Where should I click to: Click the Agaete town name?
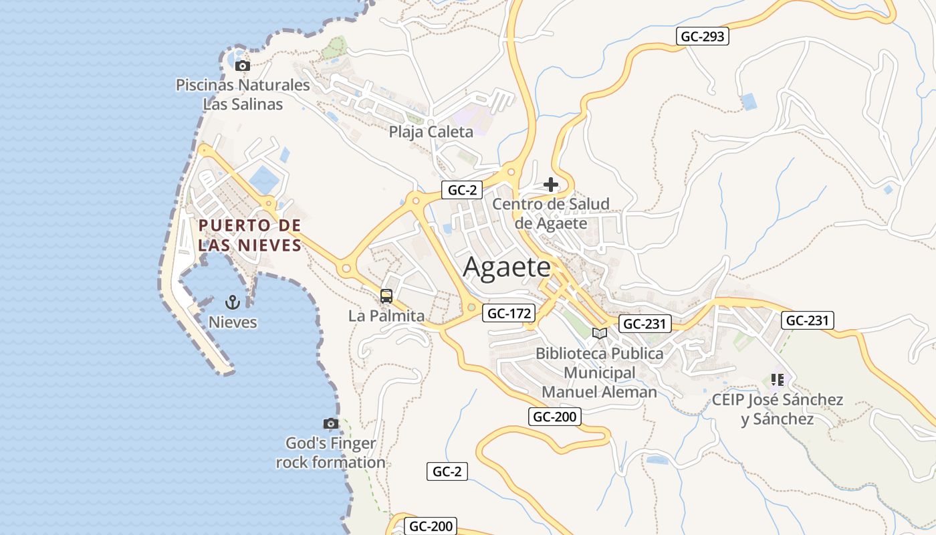507,267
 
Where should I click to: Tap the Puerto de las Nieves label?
250,235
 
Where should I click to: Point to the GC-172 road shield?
509,312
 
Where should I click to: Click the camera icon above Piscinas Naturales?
243,66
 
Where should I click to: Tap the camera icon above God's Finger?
330,423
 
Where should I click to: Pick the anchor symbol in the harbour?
232,302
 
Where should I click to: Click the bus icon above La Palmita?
386,296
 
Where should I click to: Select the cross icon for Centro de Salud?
551,185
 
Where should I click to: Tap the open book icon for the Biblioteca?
600,333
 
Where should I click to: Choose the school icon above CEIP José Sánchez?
777,380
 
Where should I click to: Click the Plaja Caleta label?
431,132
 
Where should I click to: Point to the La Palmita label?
386,316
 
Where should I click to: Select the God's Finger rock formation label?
331,453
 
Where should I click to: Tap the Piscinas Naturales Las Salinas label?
243,94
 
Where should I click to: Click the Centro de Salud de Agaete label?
551,213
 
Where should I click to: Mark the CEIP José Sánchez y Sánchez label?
777,409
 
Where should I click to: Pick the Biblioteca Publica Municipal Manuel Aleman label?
600,372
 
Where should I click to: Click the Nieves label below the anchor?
233,322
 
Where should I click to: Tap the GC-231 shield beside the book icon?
645,324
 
